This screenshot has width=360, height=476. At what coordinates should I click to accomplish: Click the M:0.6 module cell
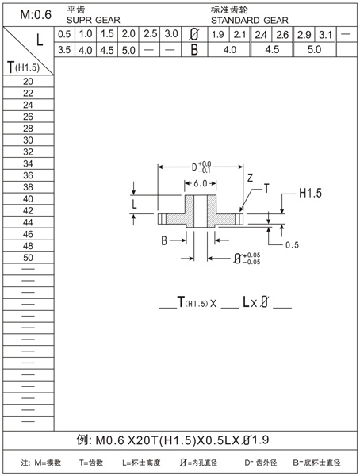[x=29, y=13]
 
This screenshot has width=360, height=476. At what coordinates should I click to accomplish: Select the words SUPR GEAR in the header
[x=88, y=18]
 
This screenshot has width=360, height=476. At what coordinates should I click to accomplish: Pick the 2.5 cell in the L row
[x=150, y=34]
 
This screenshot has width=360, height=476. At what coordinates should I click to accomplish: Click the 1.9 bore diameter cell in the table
[x=218, y=34]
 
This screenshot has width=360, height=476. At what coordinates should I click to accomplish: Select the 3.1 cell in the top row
[x=324, y=34]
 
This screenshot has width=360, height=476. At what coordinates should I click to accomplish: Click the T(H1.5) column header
[x=28, y=67]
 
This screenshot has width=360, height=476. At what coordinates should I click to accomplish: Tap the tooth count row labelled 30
[x=28, y=140]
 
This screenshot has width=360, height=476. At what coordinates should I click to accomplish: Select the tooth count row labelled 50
[x=28, y=257]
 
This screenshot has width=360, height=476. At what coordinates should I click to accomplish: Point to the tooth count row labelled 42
[x=28, y=210]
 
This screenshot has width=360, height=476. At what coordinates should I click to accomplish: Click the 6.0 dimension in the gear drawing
[x=201, y=183]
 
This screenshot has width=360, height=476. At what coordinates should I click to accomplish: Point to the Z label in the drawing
[x=250, y=179]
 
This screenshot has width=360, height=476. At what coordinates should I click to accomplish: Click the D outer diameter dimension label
[x=200, y=168]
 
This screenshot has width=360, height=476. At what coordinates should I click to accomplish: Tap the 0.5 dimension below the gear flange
[x=291, y=244]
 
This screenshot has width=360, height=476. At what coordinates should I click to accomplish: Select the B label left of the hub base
[x=164, y=240]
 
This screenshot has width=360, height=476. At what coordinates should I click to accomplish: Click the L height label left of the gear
[x=135, y=205]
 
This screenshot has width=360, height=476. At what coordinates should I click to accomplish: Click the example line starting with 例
[x=179, y=440]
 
